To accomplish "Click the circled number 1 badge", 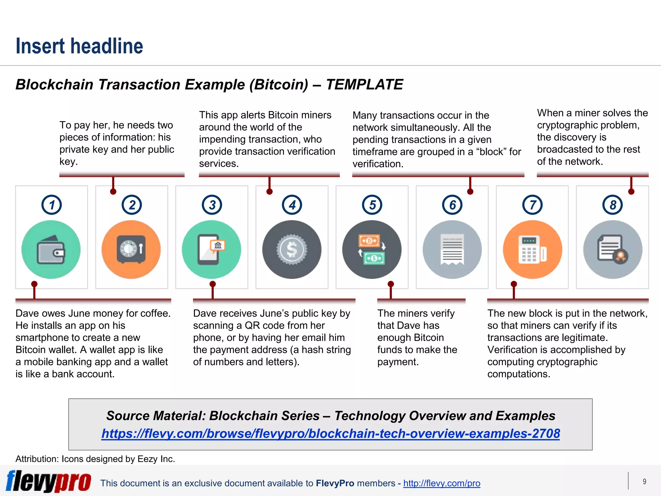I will point(52,205).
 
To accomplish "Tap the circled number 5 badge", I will point(372,205).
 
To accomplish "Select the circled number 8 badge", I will point(613,205).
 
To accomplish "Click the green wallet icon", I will point(51,250).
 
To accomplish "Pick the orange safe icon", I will point(131,250).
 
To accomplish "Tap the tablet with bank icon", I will point(211,250).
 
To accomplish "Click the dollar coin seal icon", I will point(292,250).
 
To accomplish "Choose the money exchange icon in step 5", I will point(372,250).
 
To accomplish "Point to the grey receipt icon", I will point(452,250).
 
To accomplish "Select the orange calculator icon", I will point(533,250).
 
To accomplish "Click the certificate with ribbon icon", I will point(613,250).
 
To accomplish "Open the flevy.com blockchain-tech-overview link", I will point(330,434).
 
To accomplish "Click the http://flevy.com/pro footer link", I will point(442,483).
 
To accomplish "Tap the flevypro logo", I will point(48,481).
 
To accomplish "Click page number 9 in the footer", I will point(644,481).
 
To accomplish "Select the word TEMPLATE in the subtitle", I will point(364,85).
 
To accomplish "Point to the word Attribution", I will point(36,459).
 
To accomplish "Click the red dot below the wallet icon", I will point(34,284).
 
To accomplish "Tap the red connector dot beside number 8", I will point(631,191).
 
